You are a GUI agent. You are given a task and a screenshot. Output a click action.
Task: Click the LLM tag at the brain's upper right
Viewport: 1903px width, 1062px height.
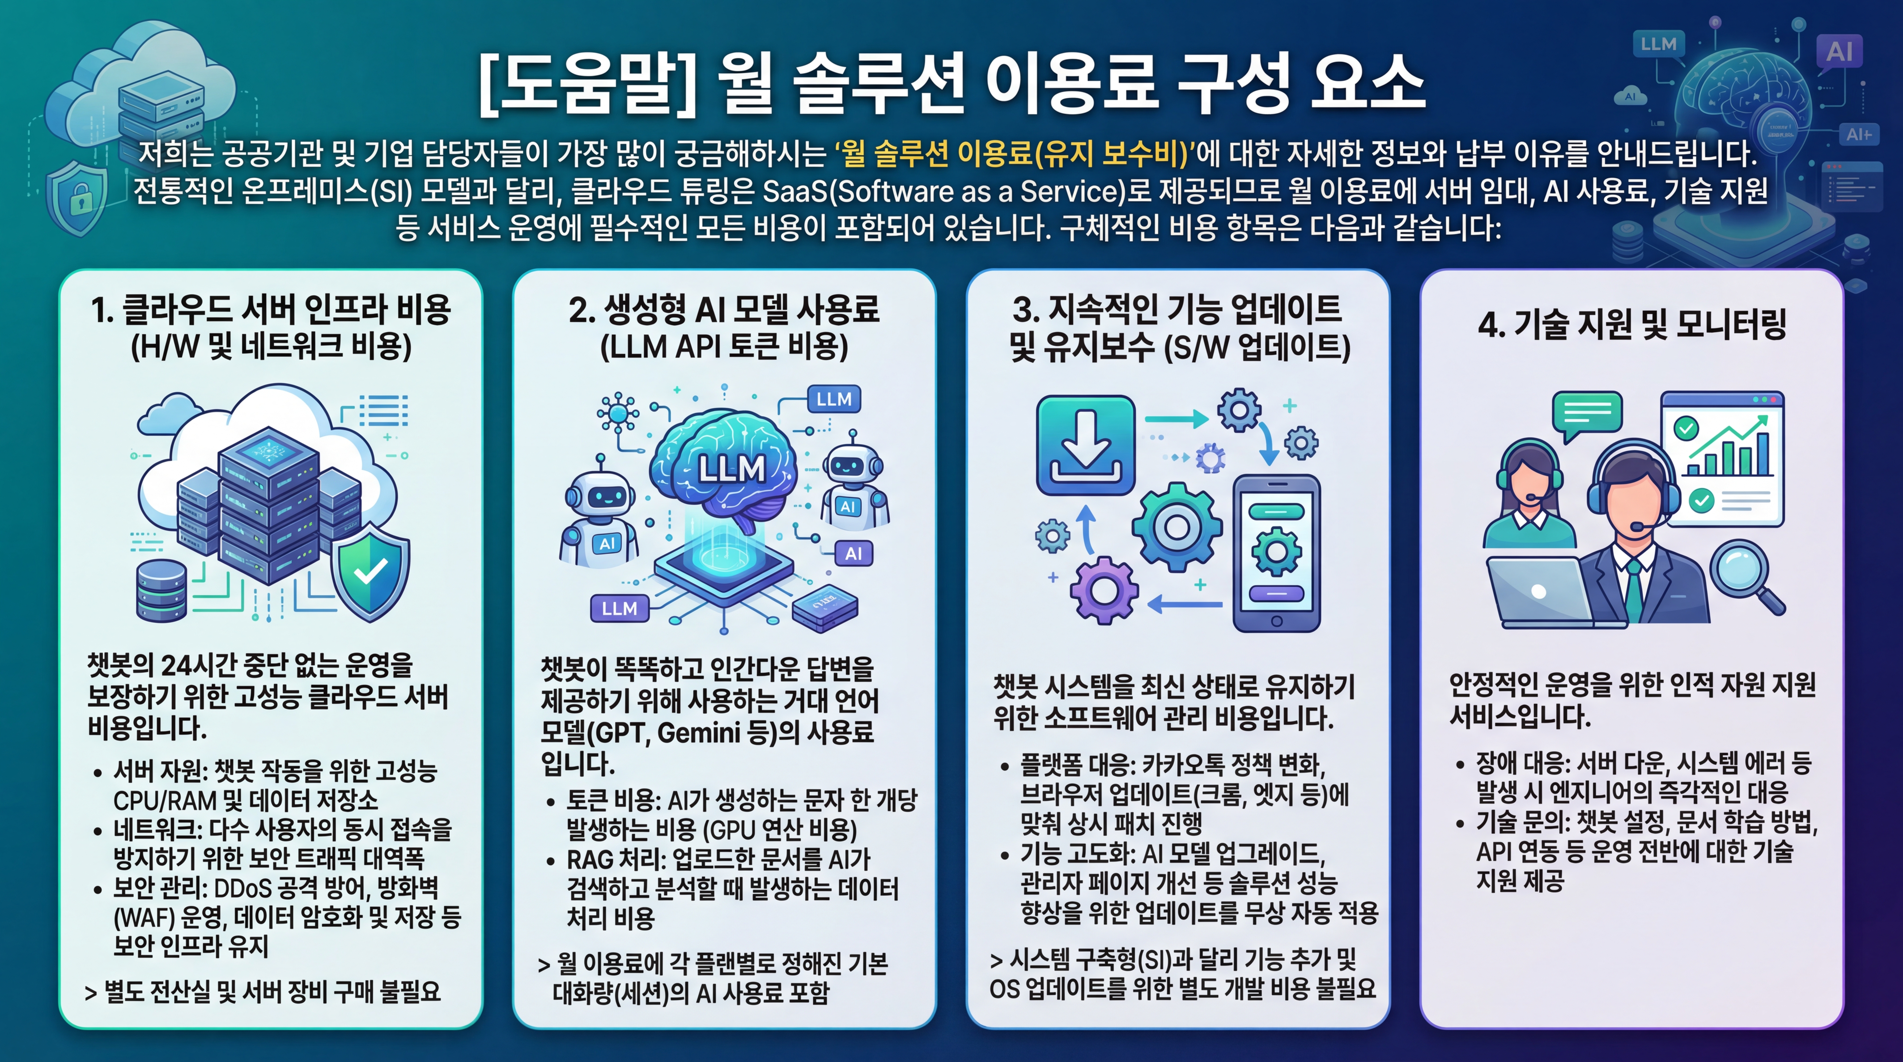click(x=833, y=400)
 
